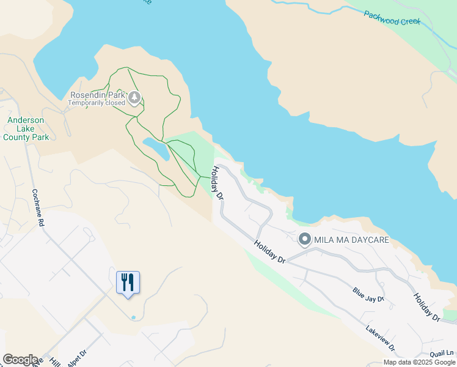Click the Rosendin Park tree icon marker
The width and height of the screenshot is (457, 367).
click(x=134, y=97)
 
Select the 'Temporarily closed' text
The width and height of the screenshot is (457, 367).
click(x=97, y=103)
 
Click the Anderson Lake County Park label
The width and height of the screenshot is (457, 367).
click(x=25, y=129)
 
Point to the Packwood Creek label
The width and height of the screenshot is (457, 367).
click(x=392, y=17)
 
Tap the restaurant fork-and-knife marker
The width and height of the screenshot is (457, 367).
click(x=128, y=283)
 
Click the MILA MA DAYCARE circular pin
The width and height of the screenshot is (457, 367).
click(x=304, y=239)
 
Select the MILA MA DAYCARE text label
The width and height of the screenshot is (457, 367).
click(x=351, y=240)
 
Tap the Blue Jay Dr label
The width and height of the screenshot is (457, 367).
click(x=368, y=295)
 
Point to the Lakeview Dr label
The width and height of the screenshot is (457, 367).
click(x=380, y=338)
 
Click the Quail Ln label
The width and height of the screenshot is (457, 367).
click(x=442, y=352)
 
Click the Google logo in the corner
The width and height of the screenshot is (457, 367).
click(x=20, y=360)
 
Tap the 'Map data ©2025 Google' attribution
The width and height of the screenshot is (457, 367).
click(x=419, y=362)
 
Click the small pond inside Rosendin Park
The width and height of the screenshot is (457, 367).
click(x=156, y=148)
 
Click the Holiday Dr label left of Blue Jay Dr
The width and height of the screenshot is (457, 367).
click(x=269, y=252)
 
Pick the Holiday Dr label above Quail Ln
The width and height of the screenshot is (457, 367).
click(x=426, y=307)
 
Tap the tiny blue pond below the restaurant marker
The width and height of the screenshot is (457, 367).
click(x=133, y=317)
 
